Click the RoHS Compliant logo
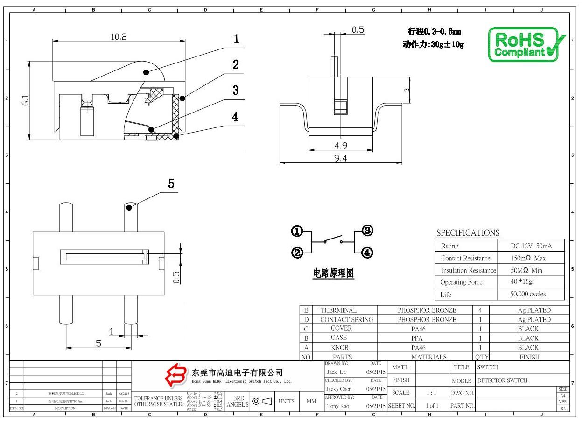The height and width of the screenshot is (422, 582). coord(526,44)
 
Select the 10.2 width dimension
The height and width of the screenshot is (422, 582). coord(118,37)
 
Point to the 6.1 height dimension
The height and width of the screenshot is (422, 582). coord(25,100)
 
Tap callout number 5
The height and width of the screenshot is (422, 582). coord(171,184)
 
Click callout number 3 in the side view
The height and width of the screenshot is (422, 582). coord(236,90)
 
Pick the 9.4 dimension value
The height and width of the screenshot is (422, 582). coord(340,159)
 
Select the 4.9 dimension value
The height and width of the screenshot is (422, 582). coord(340,146)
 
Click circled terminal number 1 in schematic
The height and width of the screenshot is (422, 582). coord(297,231)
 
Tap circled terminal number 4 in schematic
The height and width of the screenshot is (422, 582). coord(367,253)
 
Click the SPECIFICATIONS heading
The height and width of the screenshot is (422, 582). coord(468,232)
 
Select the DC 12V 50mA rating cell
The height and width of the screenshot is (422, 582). coord(531,246)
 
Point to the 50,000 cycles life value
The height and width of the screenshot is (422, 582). coord(528,294)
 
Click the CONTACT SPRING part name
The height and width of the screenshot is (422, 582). coord(346,320)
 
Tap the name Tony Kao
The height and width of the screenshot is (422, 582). coord(339,406)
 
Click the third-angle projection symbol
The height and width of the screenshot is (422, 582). coord(262,401)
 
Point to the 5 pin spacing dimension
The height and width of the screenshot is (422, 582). coord(98,344)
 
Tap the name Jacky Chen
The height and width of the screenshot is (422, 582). coord(339,389)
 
